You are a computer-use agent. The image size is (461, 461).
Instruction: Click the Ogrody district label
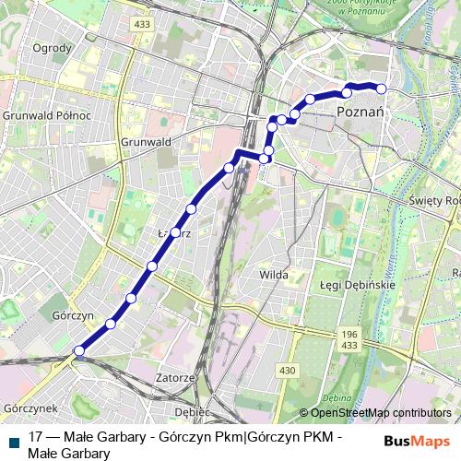(52, 48)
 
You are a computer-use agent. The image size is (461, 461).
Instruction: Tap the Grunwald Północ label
(46, 115)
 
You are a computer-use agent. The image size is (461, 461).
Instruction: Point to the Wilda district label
(274, 274)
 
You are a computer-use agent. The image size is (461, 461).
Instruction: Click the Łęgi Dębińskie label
(358, 285)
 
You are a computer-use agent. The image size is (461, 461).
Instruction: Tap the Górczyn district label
(74, 314)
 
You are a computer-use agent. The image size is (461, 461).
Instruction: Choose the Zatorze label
(175, 378)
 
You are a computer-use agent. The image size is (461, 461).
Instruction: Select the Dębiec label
(193, 410)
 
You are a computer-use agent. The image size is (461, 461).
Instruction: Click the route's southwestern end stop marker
(79, 350)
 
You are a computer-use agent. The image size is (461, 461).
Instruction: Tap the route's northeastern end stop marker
(381, 89)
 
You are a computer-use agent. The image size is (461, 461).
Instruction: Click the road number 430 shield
(288, 370)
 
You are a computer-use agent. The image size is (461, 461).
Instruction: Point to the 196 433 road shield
(349, 339)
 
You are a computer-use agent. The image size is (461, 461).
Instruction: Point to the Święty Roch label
(434, 200)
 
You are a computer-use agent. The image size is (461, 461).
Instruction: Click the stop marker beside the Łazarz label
(175, 232)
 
